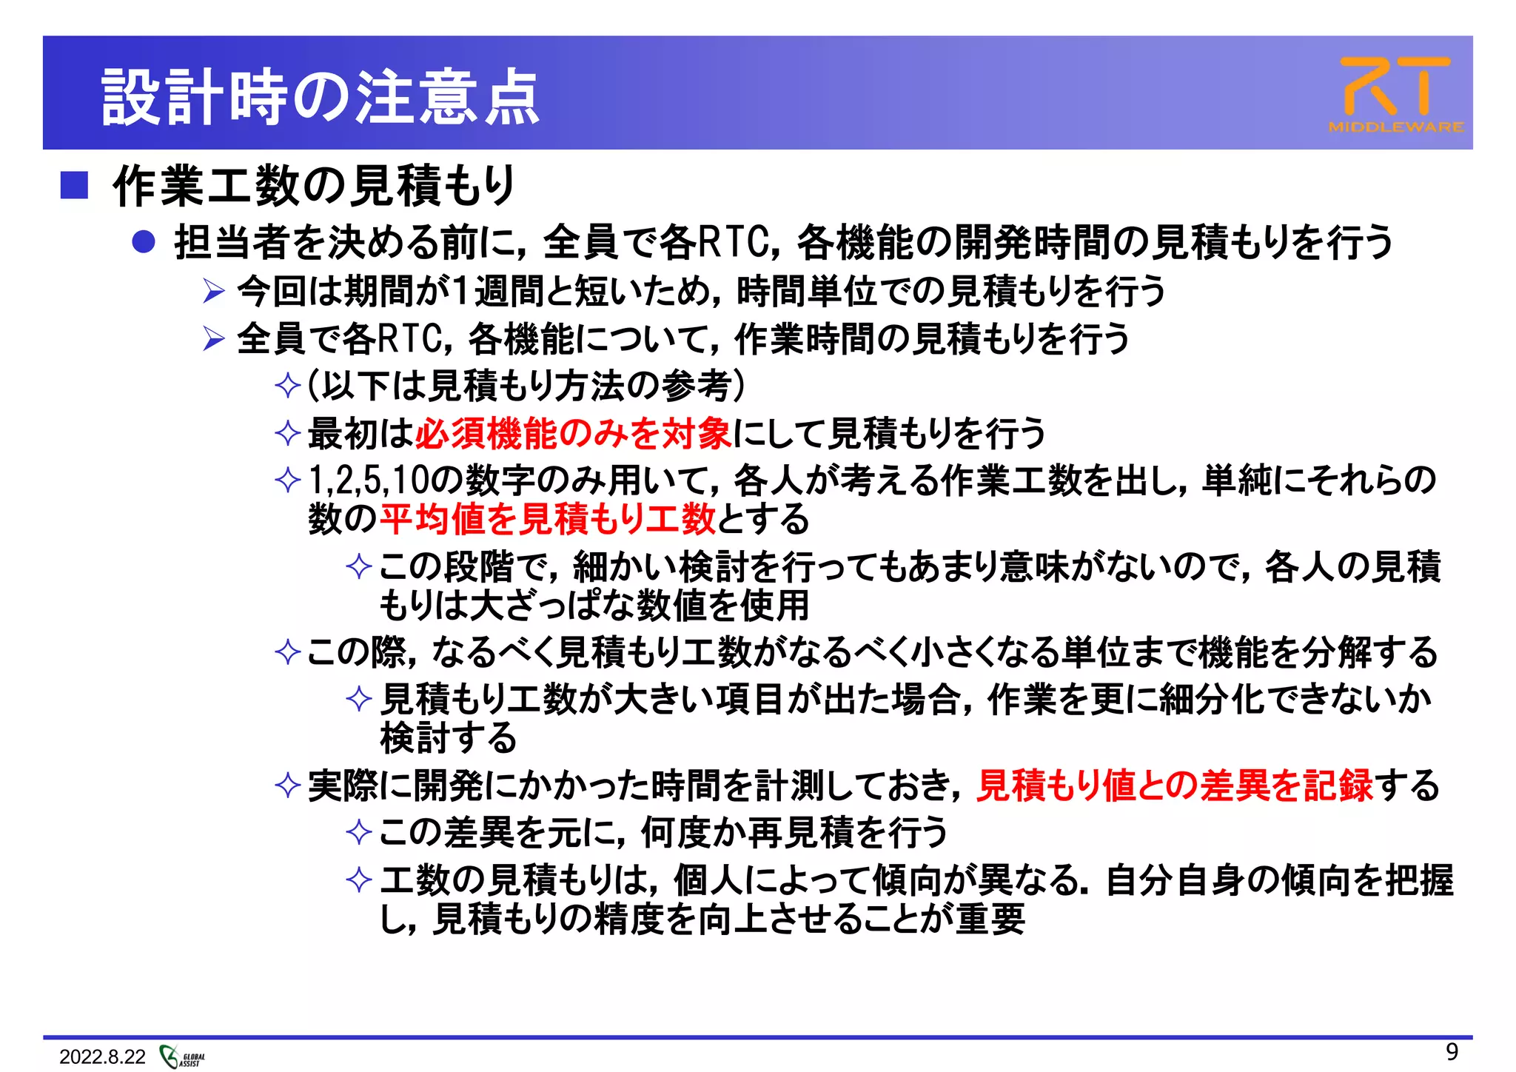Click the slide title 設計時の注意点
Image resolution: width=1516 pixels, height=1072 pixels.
pos(320,97)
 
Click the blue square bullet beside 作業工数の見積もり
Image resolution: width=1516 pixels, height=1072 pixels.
pos(74,185)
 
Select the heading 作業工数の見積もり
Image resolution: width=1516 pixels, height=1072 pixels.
pos(314,185)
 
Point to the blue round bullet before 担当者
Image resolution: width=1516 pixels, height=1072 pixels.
pos(143,242)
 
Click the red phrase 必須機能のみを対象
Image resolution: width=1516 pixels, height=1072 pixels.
pos(574,433)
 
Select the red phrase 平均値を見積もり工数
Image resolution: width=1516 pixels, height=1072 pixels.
pos(548,519)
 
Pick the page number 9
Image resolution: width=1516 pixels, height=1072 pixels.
pos(1452,1052)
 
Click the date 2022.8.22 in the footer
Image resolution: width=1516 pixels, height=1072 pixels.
pos(102,1056)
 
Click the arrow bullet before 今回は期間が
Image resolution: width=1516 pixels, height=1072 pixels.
pos(213,291)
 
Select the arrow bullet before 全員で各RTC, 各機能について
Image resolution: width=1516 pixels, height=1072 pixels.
pos(213,339)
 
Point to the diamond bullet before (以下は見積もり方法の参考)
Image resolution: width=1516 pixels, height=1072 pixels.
pos(287,386)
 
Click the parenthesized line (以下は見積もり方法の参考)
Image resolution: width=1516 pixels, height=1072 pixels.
pos(526,386)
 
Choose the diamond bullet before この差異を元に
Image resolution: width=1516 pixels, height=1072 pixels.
pos(359,833)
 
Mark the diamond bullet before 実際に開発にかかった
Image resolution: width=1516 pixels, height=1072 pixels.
pos(287,786)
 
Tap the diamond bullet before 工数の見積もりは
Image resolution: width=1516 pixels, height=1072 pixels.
pos(359,880)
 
